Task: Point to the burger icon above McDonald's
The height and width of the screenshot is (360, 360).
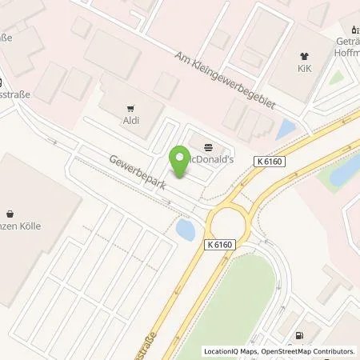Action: pos(209,147)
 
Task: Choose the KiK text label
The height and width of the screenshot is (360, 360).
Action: pos(305,69)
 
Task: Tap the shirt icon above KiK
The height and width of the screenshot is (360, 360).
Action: pos(305,56)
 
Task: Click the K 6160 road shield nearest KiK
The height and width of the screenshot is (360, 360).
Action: pos(272,162)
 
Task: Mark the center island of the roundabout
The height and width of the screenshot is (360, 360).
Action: pos(230,222)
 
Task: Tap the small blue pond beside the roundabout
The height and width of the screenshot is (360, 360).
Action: pos(185,231)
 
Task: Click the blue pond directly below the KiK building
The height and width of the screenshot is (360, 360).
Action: pos(286,129)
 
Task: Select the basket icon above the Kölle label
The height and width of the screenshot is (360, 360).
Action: pos(10,214)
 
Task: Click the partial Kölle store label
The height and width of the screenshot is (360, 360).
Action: pos(20,226)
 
